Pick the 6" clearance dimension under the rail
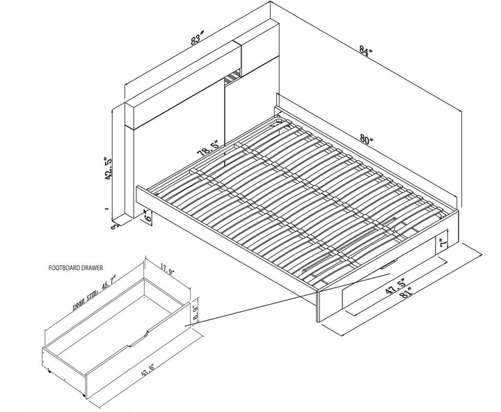click(x=148, y=217)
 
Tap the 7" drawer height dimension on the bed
click(x=442, y=244)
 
